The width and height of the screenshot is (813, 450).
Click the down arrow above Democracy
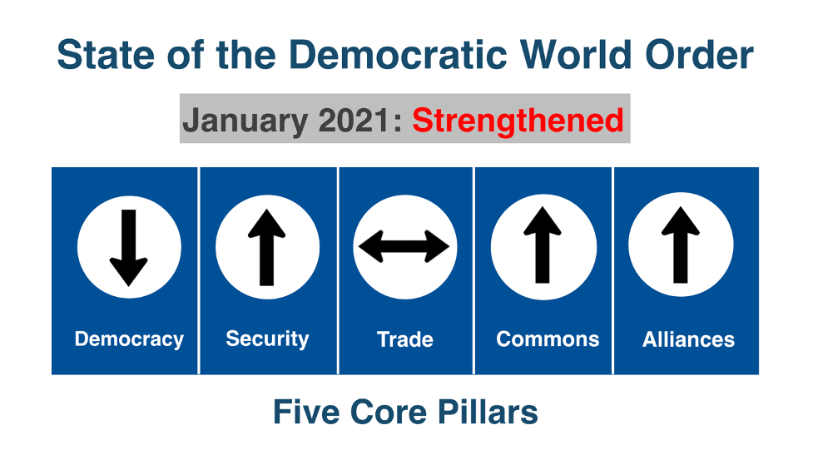tap(129, 248)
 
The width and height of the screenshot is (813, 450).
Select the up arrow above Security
tap(266, 247)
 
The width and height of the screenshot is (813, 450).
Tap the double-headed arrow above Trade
tap(404, 246)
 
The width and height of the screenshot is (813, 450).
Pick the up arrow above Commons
tap(543, 245)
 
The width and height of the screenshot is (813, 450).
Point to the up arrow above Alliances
tap(680, 245)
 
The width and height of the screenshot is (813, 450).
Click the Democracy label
tap(129, 339)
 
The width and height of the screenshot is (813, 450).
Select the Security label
tap(267, 339)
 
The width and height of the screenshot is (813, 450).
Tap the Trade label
tap(405, 339)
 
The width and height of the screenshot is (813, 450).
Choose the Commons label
tap(548, 339)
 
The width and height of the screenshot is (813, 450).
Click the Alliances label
tap(688, 339)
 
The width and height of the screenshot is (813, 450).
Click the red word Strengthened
tap(518, 121)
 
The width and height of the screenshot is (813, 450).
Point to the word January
tap(245, 121)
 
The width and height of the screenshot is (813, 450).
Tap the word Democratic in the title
tap(398, 54)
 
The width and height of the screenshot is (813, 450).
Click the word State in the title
tap(106, 54)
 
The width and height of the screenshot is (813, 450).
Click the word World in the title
tap(576, 54)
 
